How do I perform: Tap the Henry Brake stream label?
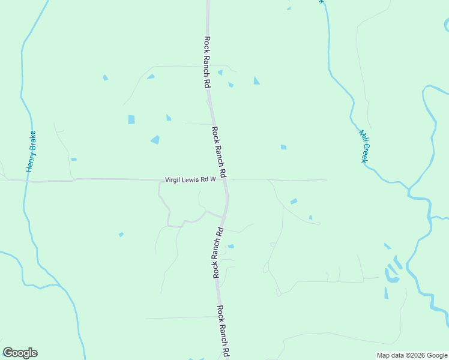click(x=31, y=152)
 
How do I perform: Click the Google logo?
click(x=20, y=353)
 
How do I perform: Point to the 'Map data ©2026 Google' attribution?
click(x=412, y=355)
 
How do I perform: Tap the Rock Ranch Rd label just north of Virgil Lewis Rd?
click(x=218, y=152)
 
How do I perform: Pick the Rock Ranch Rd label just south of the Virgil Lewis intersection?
click(x=217, y=252)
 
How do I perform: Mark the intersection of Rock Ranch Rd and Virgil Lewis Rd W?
click(x=226, y=179)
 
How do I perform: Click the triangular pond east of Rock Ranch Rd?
click(x=256, y=80)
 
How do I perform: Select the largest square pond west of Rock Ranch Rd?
click(x=131, y=119)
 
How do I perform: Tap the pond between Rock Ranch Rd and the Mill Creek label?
click(x=283, y=147)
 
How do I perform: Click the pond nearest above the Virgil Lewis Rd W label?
click(x=155, y=140)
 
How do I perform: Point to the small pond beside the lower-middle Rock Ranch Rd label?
click(x=231, y=246)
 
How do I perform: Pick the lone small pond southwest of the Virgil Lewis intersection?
click(x=121, y=234)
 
